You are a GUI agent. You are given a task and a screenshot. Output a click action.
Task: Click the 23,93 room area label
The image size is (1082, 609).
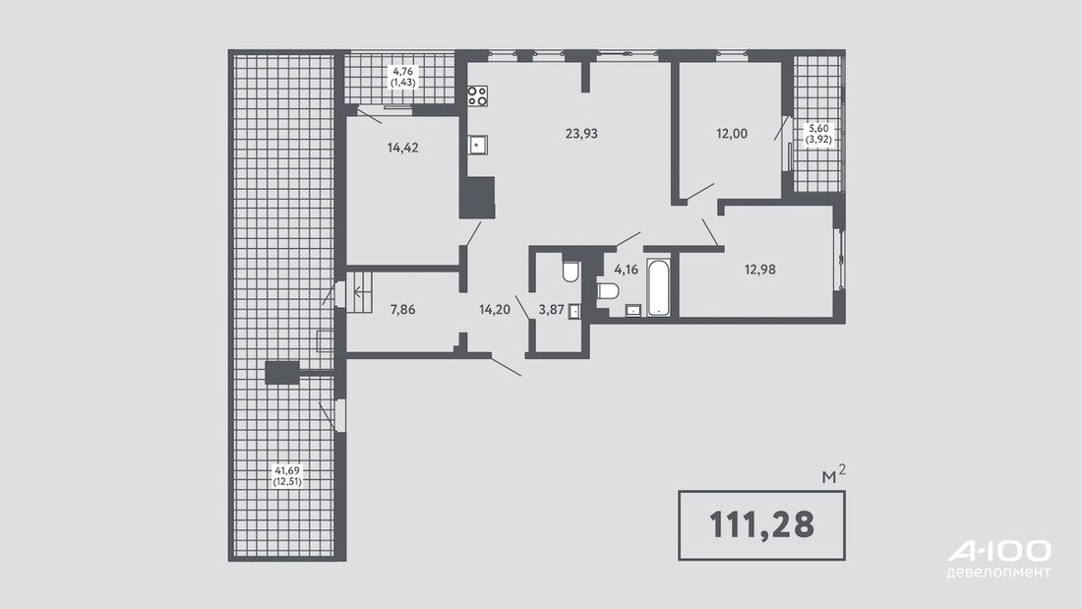tap(581, 134)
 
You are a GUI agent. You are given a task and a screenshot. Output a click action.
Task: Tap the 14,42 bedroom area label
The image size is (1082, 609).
tap(403, 148)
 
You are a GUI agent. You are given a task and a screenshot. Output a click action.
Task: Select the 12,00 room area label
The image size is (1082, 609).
tap(732, 134)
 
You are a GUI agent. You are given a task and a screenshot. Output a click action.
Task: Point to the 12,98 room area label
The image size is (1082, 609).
tap(759, 270)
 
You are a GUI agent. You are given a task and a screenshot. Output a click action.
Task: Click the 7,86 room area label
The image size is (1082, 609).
tap(403, 310)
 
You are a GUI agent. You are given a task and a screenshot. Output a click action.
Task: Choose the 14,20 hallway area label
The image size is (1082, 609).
tap(495, 310)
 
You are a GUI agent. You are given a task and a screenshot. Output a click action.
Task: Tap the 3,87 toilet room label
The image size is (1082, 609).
tap(552, 310)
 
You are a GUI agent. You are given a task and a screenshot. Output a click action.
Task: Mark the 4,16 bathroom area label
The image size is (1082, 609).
tap(626, 270)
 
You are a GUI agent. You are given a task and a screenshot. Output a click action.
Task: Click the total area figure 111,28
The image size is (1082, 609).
tap(761, 524)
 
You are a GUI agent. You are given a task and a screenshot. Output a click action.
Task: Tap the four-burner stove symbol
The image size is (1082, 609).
tap(477, 96)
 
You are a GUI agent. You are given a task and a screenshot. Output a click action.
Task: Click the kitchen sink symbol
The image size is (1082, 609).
tap(477, 145)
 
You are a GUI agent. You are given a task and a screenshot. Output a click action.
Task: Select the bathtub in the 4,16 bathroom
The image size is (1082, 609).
tap(659, 287)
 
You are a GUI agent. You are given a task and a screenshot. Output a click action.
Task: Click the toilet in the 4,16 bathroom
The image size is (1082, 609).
tap(608, 291)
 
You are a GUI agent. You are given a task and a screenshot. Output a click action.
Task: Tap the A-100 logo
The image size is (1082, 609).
tap(999, 551)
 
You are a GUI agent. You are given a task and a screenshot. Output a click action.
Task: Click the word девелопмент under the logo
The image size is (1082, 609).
tap(999, 573)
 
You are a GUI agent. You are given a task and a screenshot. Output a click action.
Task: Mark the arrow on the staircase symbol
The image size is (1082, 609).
tap(360, 291)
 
